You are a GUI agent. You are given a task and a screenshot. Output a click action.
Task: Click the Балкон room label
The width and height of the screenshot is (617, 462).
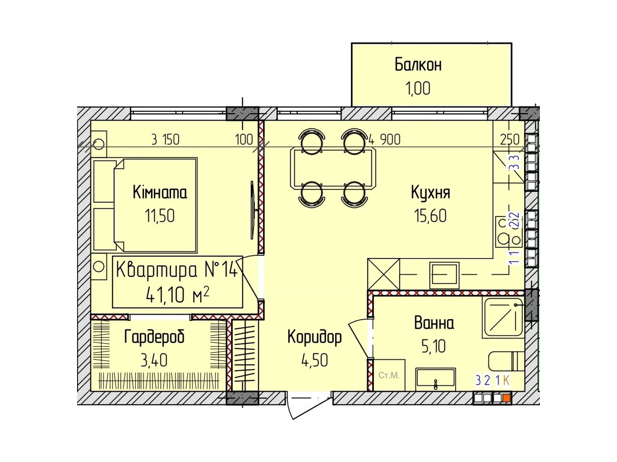(418, 65)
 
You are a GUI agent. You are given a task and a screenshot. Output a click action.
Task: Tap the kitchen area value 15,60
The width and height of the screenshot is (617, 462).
(430, 216)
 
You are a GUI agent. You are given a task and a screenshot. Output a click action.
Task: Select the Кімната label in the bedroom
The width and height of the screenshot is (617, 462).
(160, 192)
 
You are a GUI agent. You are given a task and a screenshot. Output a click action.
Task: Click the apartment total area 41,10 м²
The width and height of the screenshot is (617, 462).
(177, 295)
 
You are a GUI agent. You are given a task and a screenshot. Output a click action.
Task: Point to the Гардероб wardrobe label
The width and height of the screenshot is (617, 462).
(154, 337)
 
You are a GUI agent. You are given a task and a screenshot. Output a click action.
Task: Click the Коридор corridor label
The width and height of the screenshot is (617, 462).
(314, 337)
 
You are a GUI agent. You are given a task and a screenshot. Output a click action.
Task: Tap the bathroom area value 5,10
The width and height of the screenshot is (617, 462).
(433, 346)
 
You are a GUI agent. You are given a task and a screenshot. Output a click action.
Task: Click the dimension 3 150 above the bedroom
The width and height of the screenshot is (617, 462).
(165, 139)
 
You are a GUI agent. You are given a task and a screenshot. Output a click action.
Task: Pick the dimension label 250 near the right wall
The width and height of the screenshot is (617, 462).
(509, 139)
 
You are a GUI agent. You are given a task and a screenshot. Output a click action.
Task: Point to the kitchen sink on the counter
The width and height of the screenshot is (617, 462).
(444, 275)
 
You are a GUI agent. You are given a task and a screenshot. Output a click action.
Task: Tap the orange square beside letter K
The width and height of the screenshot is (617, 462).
(507, 398)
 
